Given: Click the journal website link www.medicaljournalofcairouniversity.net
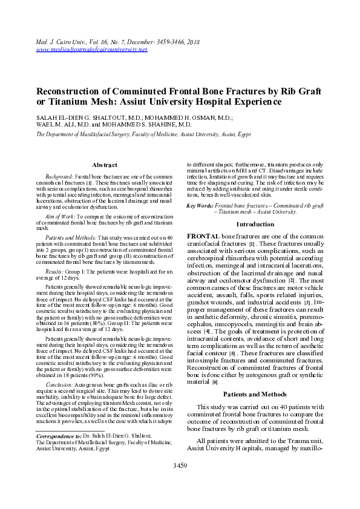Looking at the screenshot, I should click(91, 49).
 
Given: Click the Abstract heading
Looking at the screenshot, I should click(104, 165).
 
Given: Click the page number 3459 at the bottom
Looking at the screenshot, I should click(180, 482).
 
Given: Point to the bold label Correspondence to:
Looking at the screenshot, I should click(58, 435).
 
